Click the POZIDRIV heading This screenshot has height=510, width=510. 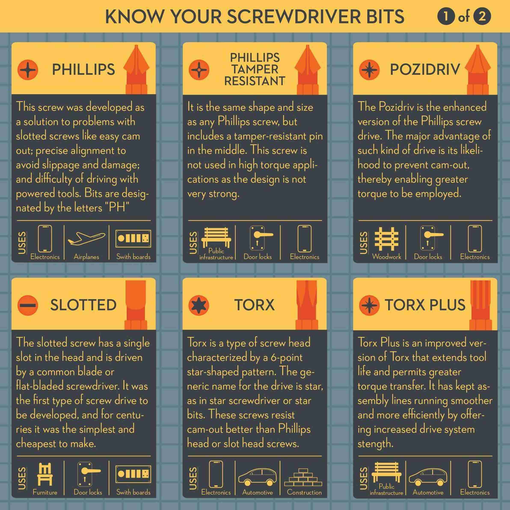425,70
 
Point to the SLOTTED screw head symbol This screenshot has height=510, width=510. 28,305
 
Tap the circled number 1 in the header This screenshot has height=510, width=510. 446,16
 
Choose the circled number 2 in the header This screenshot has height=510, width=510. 482,16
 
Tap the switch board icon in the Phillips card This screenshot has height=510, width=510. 133,238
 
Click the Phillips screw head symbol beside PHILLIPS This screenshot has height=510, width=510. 28,70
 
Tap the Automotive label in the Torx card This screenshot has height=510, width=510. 257,492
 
